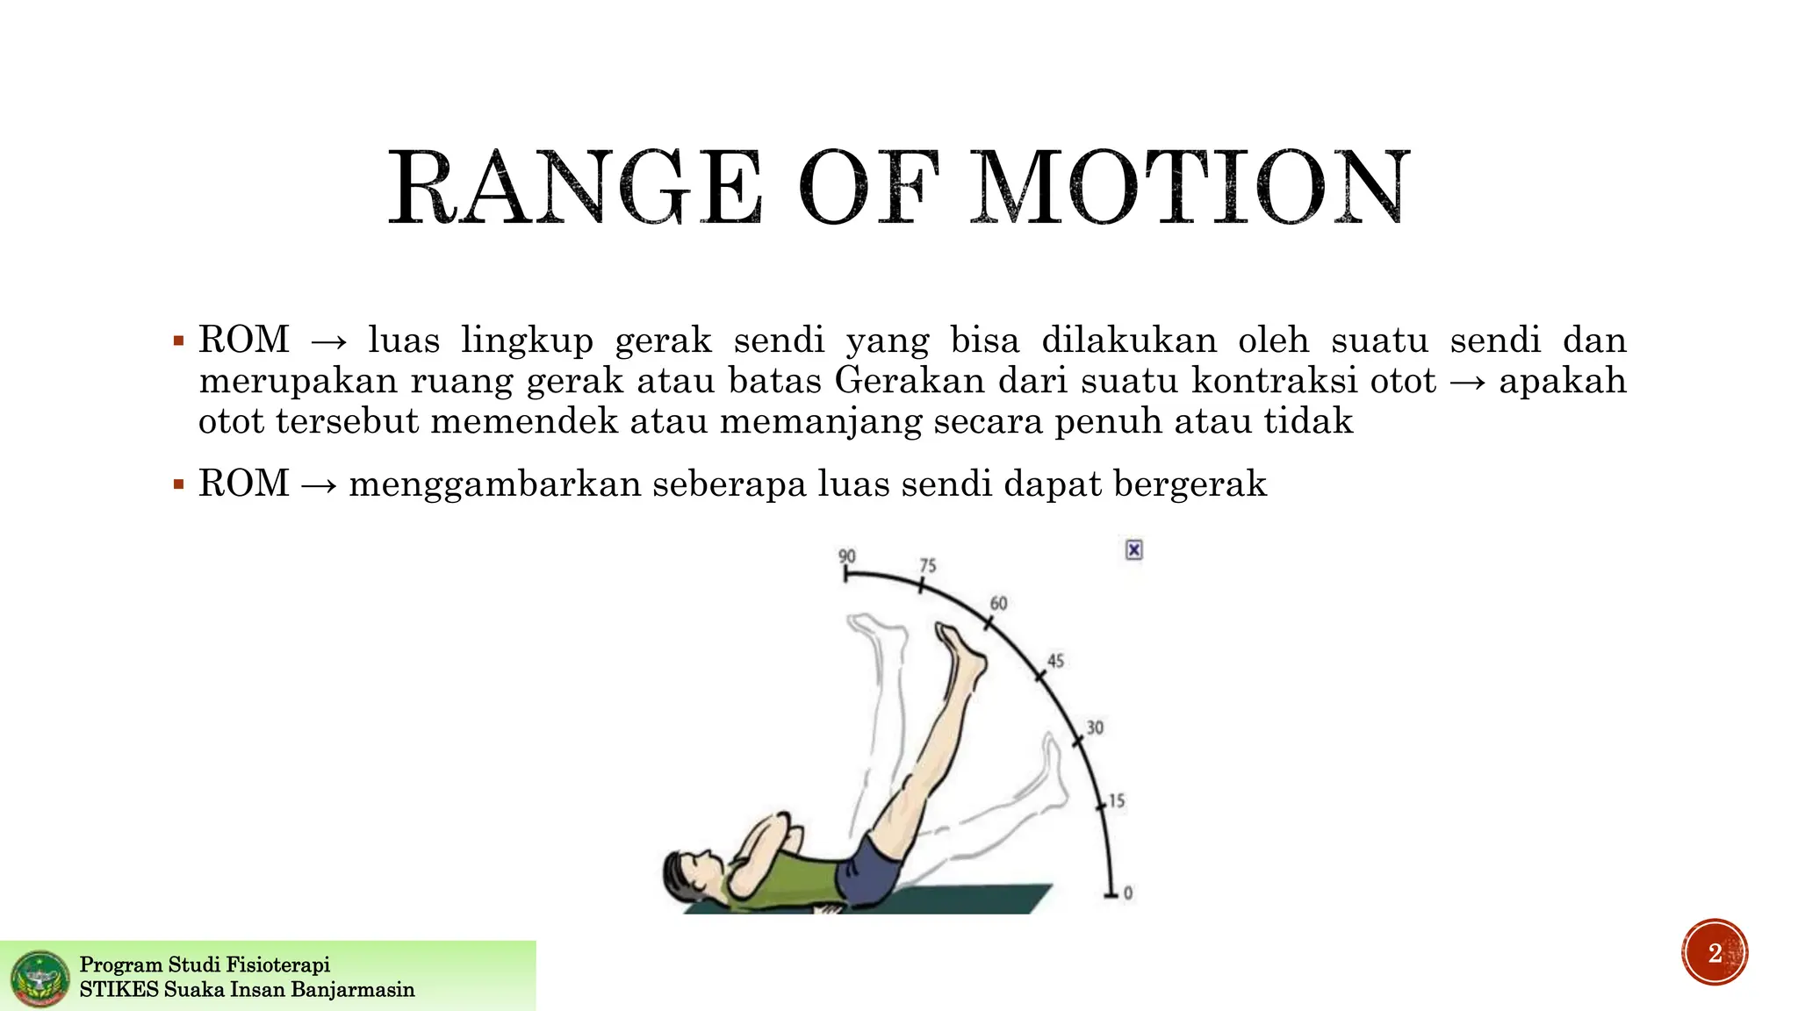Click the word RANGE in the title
tap(575, 188)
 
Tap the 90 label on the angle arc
tap(846, 556)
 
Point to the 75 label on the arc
tap(928, 566)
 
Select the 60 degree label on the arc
tap(998, 604)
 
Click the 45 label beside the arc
tap(1055, 661)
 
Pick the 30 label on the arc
tap(1095, 728)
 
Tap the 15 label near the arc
tap(1116, 800)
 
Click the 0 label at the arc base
tap(1128, 893)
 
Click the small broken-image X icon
tap(1134, 550)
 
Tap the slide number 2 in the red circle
tap(1715, 953)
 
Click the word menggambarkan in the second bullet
tap(495, 484)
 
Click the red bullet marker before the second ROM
tap(179, 484)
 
